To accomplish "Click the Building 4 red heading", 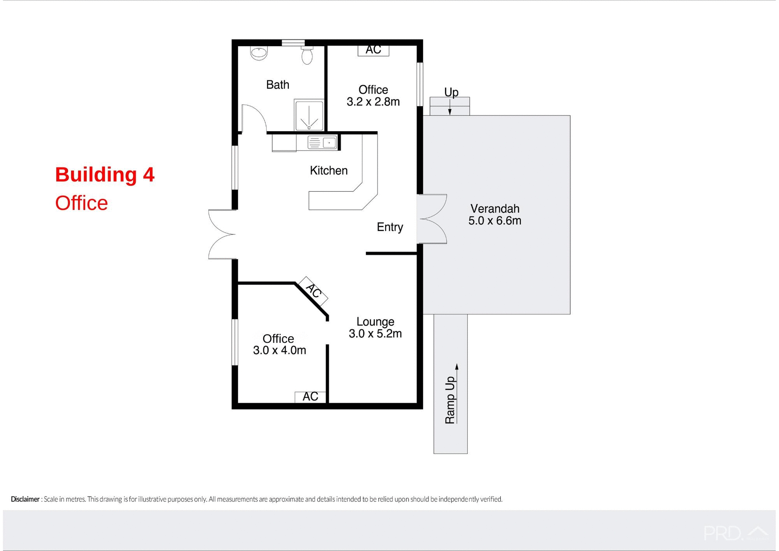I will pyautogui.click(x=105, y=175).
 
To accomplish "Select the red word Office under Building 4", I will pyautogui.click(x=82, y=203).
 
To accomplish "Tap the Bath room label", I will pyautogui.click(x=278, y=84).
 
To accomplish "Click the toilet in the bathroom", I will pyautogui.click(x=307, y=55).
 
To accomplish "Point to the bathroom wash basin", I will pyautogui.click(x=259, y=53).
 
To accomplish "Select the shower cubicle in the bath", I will pyautogui.click(x=309, y=115).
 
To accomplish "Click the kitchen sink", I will pyautogui.click(x=322, y=143).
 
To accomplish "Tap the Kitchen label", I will pyautogui.click(x=329, y=171).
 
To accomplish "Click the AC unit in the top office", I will pyautogui.click(x=373, y=50).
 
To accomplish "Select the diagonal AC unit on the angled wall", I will pyautogui.click(x=313, y=291).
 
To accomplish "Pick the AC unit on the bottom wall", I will pyautogui.click(x=310, y=397).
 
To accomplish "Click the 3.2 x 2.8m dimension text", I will pyautogui.click(x=373, y=102).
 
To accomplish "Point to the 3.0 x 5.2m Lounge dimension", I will pyautogui.click(x=375, y=334).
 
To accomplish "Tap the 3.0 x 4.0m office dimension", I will pyautogui.click(x=280, y=350).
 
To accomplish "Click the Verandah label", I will pyautogui.click(x=495, y=209).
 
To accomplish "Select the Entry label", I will pyautogui.click(x=390, y=227).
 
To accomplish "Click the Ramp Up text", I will pyautogui.click(x=450, y=400).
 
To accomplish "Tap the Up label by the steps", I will pyautogui.click(x=451, y=92).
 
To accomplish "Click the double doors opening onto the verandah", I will pyautogui.click(x=433, y=219).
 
